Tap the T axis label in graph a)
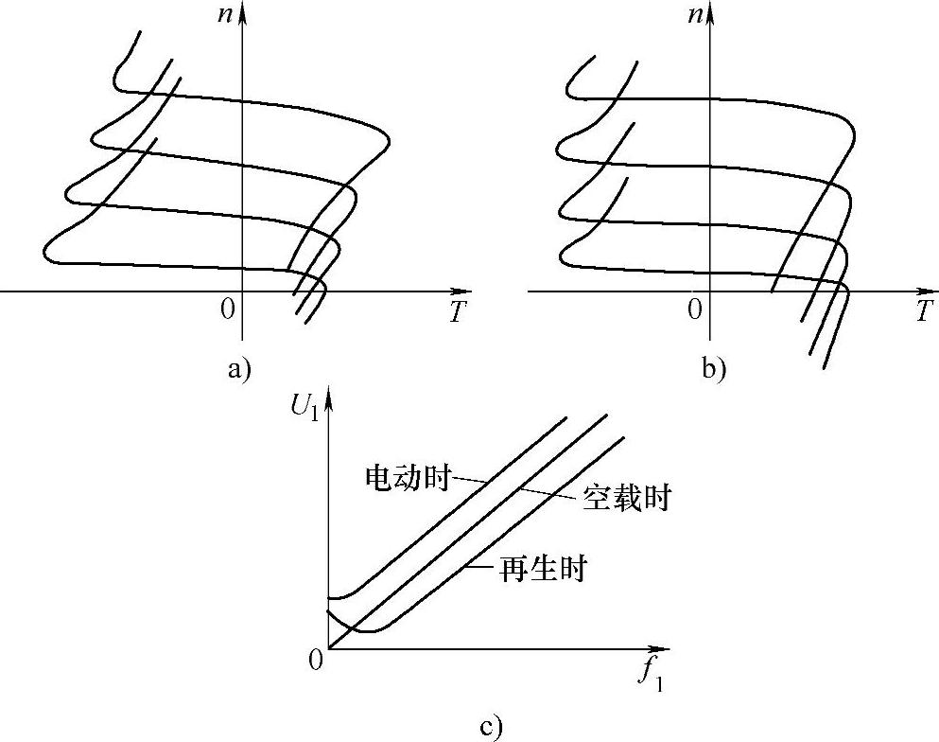point(458,313)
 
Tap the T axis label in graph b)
point(926,313)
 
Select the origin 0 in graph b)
point(696,309)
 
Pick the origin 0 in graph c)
point(316,660)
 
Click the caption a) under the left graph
point(239,370)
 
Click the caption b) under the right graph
point(714,370)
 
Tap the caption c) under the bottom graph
point(490,727)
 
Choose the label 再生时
point(543,570)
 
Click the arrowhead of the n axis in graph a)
point(243,11)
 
